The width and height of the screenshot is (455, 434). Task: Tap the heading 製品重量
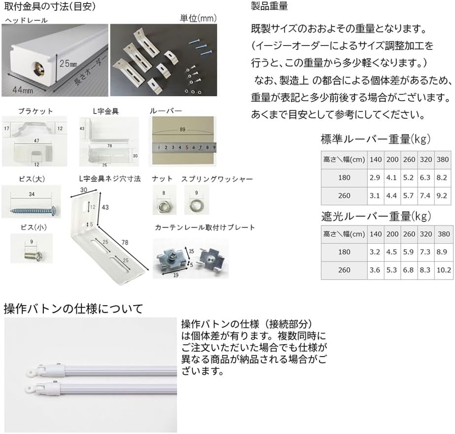(269, 7)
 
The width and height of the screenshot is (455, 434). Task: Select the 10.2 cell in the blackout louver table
(443, 270)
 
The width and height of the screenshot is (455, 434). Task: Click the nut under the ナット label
(163, 203)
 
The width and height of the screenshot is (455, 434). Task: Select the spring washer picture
(196, 203)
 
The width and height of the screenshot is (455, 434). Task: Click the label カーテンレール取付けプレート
(205, 227)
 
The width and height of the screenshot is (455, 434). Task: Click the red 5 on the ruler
(187, 147)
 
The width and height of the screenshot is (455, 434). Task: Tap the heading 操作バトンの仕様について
(73, 309)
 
